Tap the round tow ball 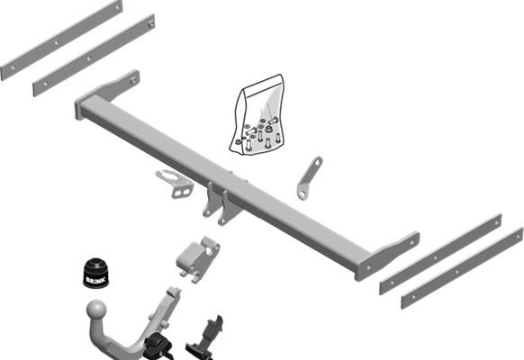point(96,312)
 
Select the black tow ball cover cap point(95,271)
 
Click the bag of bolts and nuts point(258,118)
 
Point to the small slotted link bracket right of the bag point(309,177)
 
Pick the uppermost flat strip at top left point(60,40)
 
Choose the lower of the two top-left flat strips point(93,55)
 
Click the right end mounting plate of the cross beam point(389,255)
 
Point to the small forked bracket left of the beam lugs point(175,182)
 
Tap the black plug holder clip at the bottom point(205,334)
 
